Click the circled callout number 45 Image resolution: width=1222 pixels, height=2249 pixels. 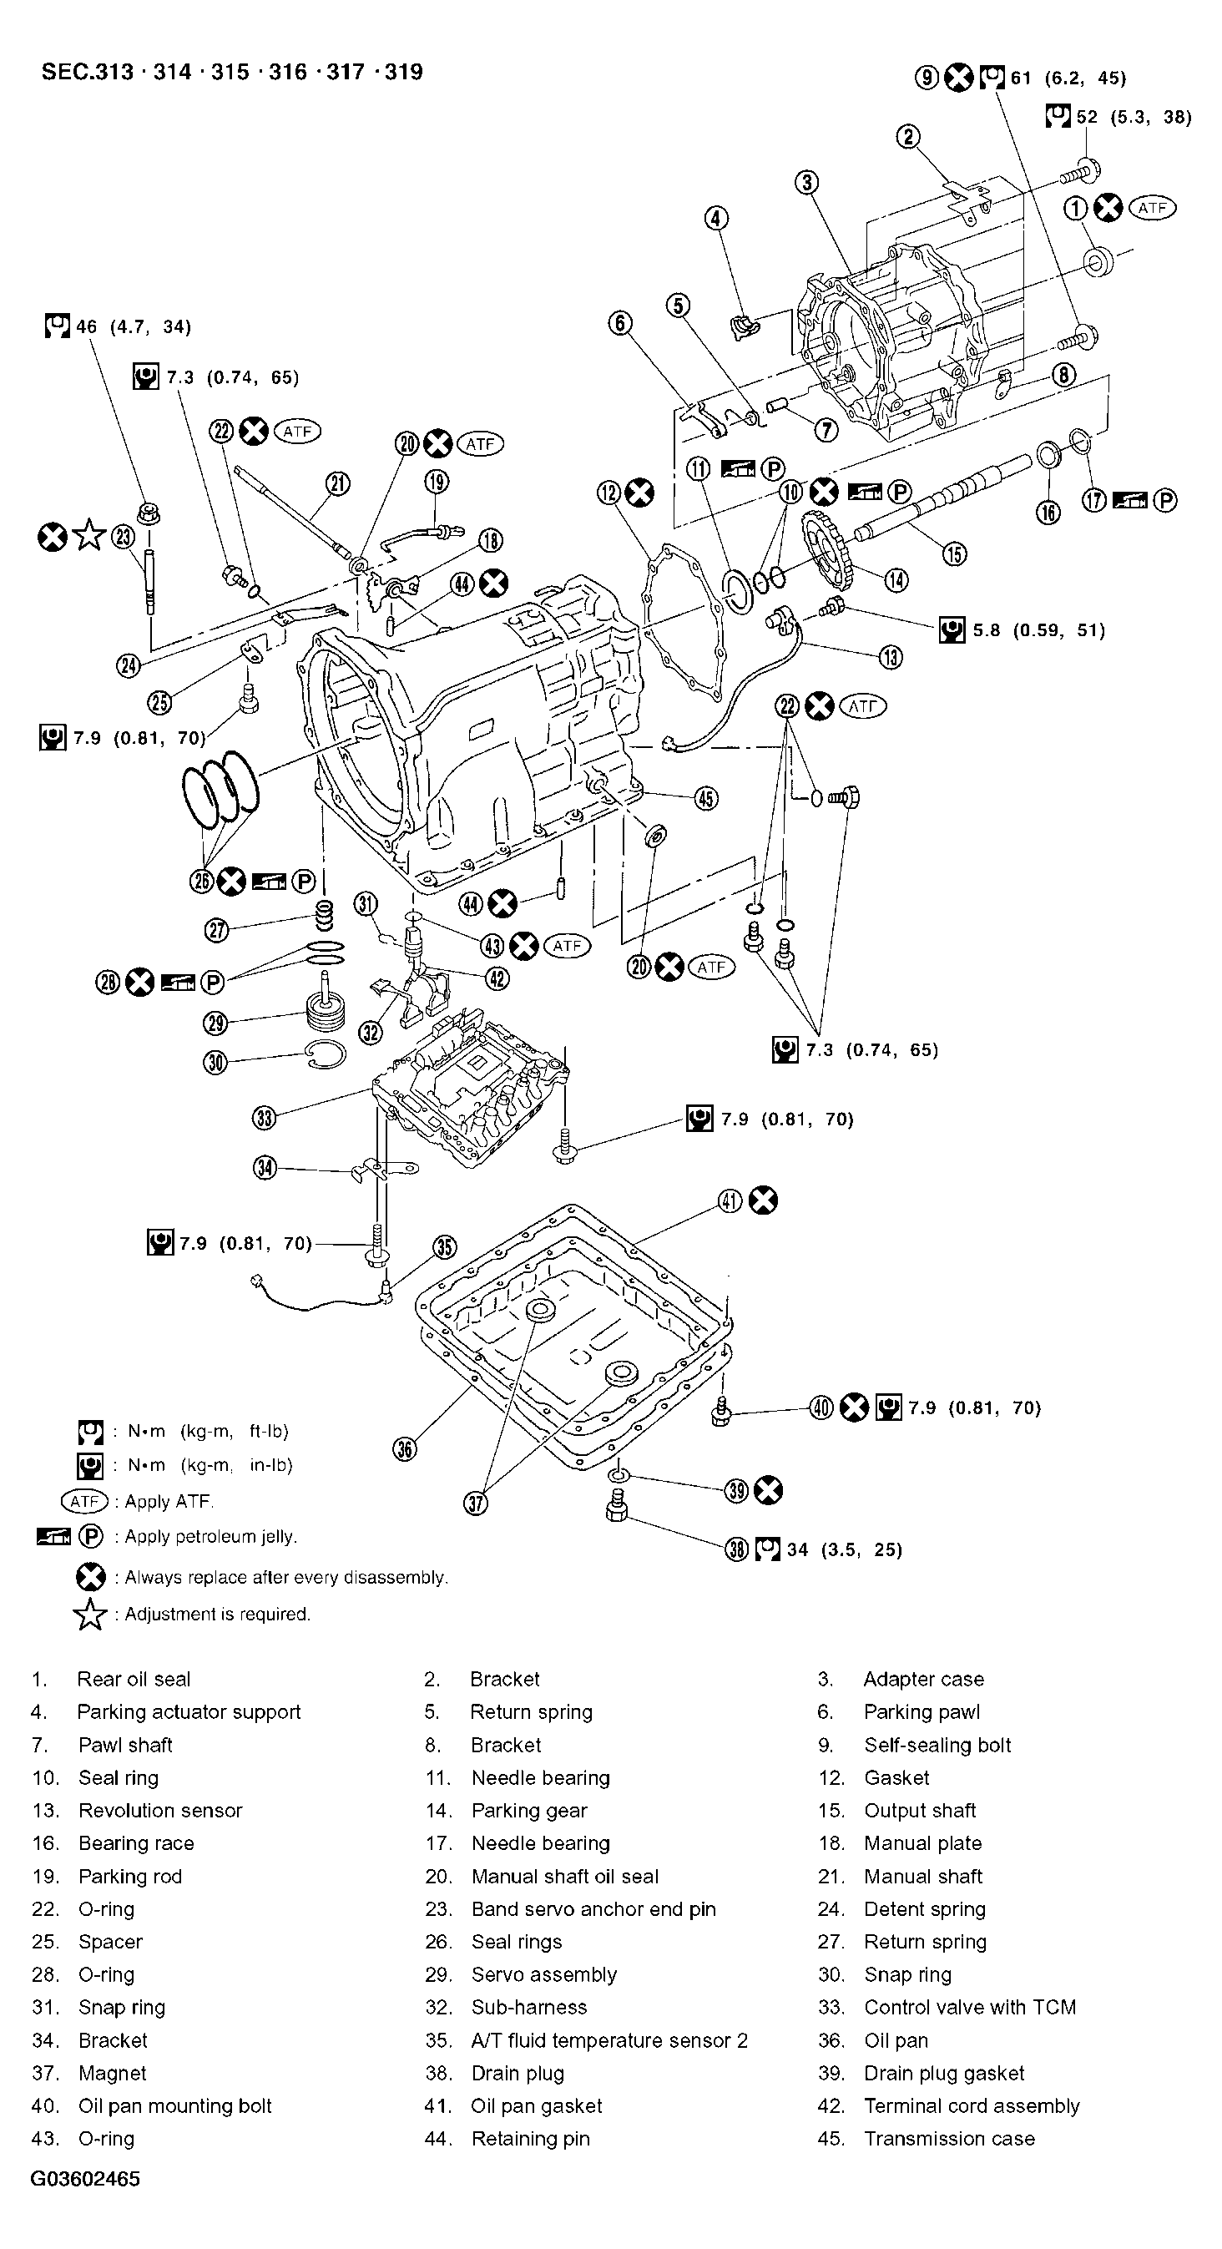[705, 798]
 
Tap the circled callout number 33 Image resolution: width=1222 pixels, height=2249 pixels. [265, 1118]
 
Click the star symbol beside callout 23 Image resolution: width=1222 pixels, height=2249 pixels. [89, 536]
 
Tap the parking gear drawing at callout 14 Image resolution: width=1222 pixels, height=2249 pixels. [825, 553]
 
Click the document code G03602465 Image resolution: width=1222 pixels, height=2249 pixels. [84, 2178]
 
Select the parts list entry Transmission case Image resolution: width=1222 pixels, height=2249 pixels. [949, 2138]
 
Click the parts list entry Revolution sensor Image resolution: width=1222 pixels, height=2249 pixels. [159, 1810]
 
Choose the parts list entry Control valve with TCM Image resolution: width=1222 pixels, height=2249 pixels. [969, 2006]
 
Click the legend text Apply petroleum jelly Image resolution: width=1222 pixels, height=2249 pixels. [210, 1537]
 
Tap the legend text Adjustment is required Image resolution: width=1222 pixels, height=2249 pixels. [217, 1614]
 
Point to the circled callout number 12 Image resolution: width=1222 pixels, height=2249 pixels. [609, 493]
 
